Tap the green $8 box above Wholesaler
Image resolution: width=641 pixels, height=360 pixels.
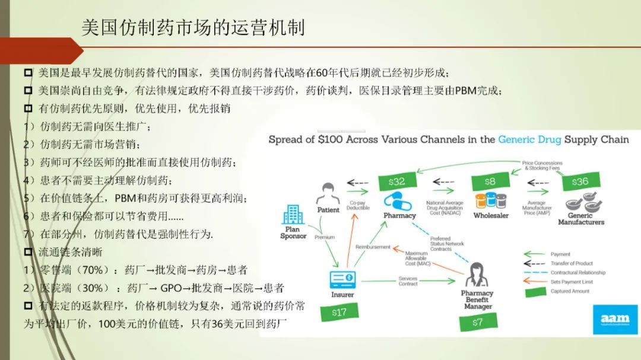490,181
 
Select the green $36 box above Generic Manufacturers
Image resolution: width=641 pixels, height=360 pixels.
580,181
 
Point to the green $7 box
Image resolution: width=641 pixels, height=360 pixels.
478,323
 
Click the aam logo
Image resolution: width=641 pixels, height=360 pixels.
614,320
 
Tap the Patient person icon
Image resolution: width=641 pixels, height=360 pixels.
328,193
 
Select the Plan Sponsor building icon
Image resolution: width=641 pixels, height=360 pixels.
293,214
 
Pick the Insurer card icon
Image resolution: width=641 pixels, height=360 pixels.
342,278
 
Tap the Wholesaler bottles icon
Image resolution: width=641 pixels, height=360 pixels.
490,200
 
